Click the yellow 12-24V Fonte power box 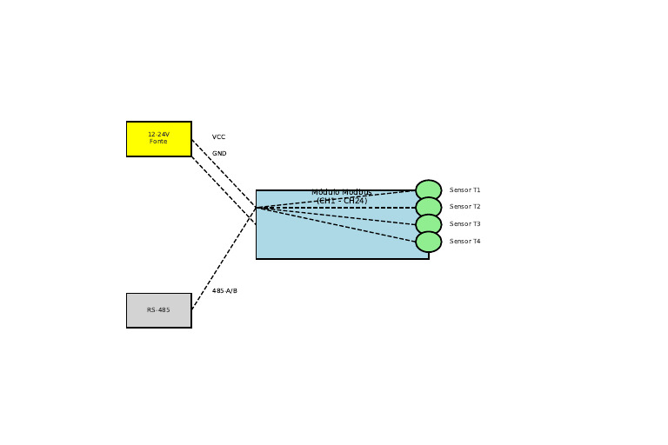(158, 139)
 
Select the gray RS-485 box (158, 310)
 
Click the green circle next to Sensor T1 (428, 190)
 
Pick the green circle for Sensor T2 (428, 207)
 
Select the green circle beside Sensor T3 (428, 224)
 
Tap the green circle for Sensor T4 (428, 242)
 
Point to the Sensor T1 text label (464, 190)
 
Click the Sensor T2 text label (464, 207)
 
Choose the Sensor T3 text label (464, 224)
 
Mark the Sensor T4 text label (464, 242)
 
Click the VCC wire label (218, 137)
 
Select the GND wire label (219, 154)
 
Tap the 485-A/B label (224, 291)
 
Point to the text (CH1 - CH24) (342, 201)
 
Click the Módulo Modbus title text (342, 192)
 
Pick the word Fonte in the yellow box (158, 142)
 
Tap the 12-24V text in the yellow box (158, 135)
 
